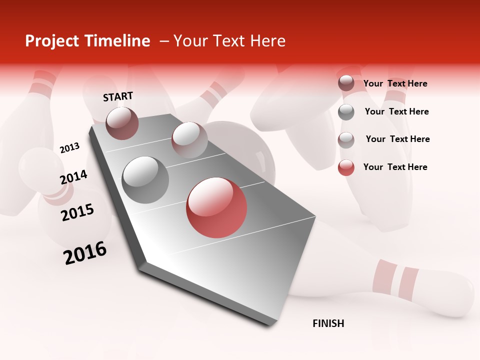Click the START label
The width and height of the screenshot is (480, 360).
118,96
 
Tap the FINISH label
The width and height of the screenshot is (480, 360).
328,323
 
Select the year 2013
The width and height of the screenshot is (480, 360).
69,147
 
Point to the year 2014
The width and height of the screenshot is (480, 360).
73,177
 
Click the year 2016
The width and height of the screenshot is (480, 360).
85,252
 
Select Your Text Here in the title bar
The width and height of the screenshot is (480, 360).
229,41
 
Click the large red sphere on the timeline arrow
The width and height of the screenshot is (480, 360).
216,207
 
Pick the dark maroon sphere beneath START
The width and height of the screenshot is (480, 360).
122,123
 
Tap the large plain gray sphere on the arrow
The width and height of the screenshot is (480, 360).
145,179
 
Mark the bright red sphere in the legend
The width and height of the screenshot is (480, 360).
346,167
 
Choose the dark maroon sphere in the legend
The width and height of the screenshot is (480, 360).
346,83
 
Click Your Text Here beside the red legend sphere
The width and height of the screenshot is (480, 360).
395,167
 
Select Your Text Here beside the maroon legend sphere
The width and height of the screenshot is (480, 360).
395,83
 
